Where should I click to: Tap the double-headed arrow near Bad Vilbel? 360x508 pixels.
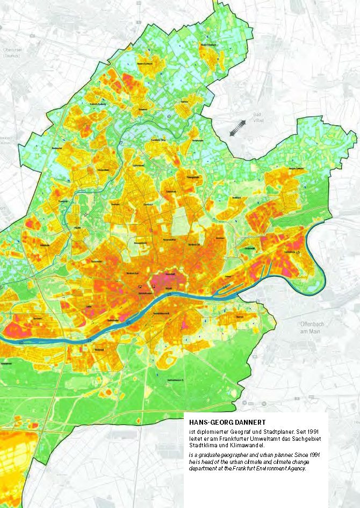pyautogui.click(x=237, y=128)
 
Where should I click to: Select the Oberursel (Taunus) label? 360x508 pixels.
pyautogui.click(x=11, y=53)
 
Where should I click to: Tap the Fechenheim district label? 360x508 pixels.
pyautogui.click(x=290, y=251)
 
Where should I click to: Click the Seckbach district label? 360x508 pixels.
pyautogui.click(x=235, y=198)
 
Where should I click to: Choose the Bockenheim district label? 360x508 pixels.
pyautogui.click(x=97, y=261)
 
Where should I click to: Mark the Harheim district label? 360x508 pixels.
pyautogui.click(x=184, y=101)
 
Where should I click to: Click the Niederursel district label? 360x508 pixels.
pyautogui.click(x=103, y=170)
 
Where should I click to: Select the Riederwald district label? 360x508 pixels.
pyautogui.click(x=249, y=248)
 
